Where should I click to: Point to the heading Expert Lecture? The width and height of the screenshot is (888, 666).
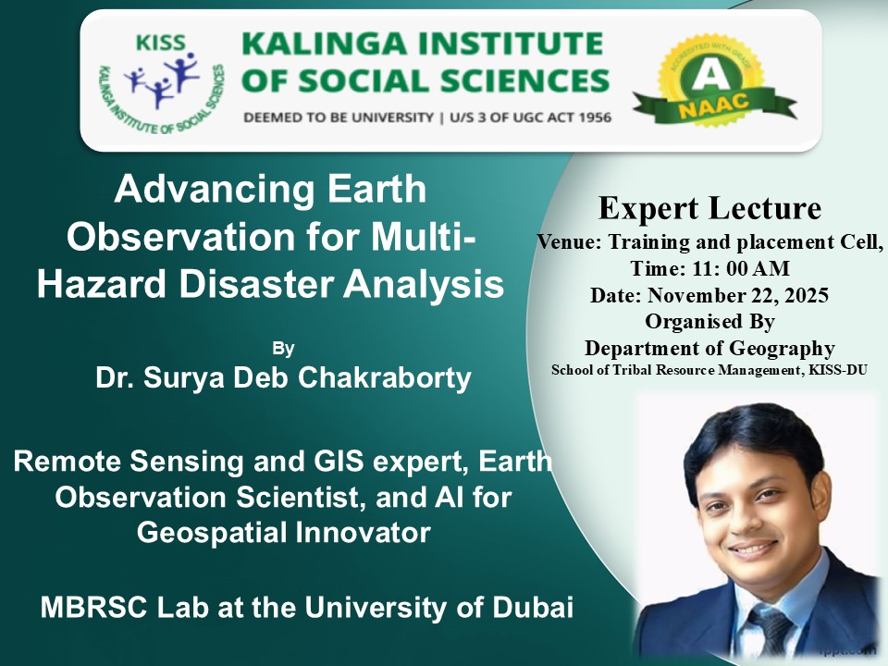(x=709, y=208)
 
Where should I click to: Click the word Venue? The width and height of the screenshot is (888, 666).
(x=569, y=242)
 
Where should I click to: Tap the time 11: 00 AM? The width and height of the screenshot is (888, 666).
(x=740, y=268)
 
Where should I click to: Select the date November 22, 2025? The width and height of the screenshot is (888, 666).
(x=738, y=295)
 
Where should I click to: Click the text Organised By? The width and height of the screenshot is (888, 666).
(x=709, y=322)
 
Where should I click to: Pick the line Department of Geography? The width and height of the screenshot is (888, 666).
(x=709, y=348)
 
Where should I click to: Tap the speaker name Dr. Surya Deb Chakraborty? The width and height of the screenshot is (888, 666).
(x=283, y=377)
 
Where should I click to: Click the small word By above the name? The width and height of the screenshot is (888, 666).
(x=283, y=348)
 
